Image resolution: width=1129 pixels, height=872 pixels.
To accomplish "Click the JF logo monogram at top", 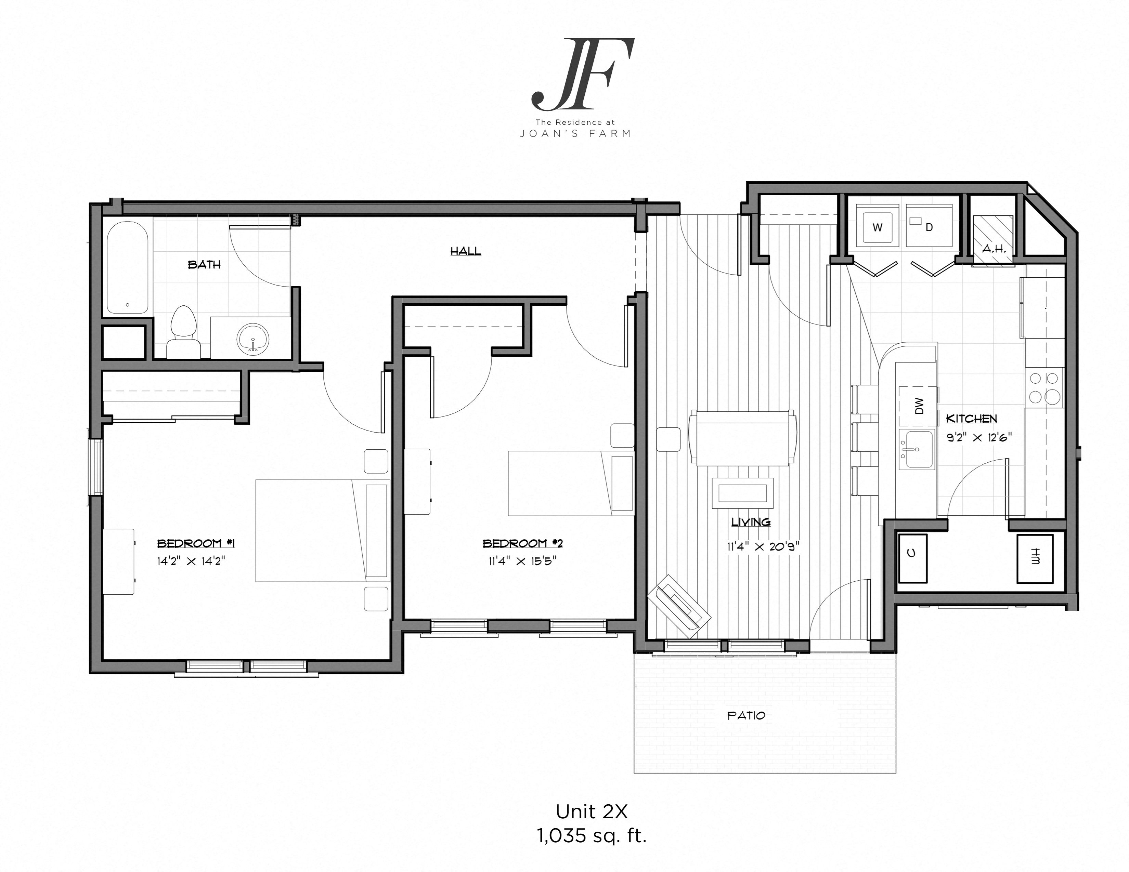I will tap(583, 75).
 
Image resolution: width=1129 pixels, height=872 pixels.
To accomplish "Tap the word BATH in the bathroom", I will tap(204, 264).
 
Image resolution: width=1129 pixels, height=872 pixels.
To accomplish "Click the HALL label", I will tap(465, 251).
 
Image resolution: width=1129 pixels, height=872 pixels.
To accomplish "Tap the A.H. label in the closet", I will tap(994, 249).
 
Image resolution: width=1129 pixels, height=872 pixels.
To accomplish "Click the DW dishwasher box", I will tap(918, 406).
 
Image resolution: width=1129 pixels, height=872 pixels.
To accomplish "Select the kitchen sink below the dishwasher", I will tap(917, 449).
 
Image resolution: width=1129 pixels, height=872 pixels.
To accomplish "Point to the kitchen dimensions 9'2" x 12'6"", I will tap(978, 437).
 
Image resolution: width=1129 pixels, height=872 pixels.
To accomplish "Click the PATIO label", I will tap(745, 715).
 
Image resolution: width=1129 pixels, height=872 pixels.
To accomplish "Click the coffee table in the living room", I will tap(743, 493).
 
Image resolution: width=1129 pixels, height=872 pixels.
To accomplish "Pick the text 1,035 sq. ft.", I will tap(592, 836).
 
